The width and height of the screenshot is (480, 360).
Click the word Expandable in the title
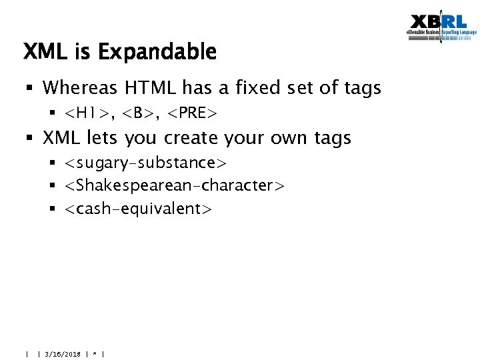166,52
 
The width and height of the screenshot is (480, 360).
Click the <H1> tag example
87,113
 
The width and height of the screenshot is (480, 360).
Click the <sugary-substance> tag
146,163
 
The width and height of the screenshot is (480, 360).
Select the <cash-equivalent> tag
138,209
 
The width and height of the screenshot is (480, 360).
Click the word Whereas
81,87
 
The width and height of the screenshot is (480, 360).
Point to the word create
193,138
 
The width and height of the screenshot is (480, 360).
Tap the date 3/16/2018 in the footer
63,354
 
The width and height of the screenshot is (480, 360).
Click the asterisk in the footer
95,354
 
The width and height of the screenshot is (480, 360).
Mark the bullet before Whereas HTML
31,88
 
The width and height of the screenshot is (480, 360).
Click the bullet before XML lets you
31,139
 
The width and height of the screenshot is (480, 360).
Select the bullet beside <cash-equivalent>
53,209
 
